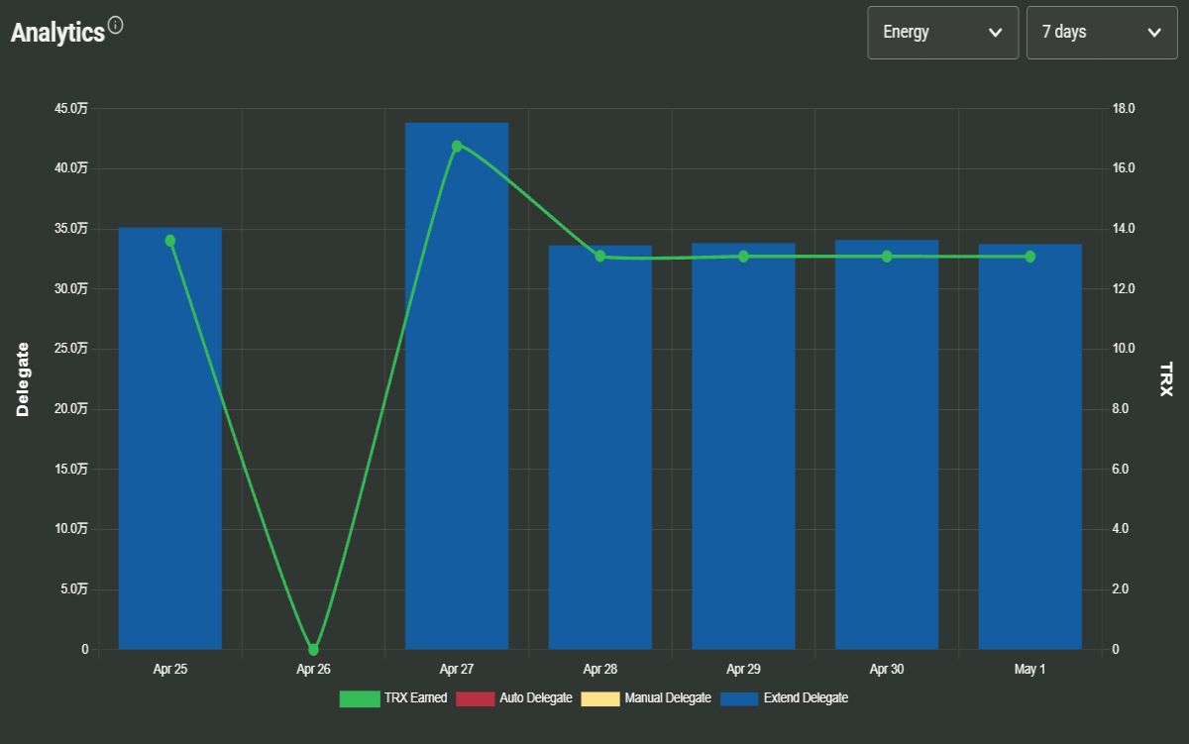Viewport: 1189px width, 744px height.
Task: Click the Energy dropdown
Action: click(942, 33)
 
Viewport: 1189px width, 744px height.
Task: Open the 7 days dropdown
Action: click(1102, 33)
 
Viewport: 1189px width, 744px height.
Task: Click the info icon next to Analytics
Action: click(115, 25)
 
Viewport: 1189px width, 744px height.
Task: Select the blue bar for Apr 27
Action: click(457, 385)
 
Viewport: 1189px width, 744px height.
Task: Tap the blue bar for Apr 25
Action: click(169, 438)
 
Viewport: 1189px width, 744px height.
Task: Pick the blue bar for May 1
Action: click(1029, 447)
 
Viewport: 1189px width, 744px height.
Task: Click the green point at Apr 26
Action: click(313, 649)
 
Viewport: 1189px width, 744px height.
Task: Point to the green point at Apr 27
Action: click(457, 146)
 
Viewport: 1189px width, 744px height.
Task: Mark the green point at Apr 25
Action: click(169, 241)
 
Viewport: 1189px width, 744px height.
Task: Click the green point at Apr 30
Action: click(887, 257)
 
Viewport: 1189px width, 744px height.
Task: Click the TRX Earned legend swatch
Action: click(360, 698)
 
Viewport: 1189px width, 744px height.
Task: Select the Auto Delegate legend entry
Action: click(514, 698)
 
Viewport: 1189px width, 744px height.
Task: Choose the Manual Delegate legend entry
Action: click(646, 698)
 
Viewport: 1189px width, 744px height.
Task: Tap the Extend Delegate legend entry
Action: click(784, 698)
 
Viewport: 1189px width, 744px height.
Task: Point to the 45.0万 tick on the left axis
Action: click(71, 109)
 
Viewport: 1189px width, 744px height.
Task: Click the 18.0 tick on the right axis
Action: click(1124, 109)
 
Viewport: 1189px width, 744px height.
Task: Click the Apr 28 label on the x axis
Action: click(599, 669)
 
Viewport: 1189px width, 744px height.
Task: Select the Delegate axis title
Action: click(22, 379)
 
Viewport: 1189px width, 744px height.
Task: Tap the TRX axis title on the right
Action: click(1165, 379)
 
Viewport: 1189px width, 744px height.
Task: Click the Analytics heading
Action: click(57, 33)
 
